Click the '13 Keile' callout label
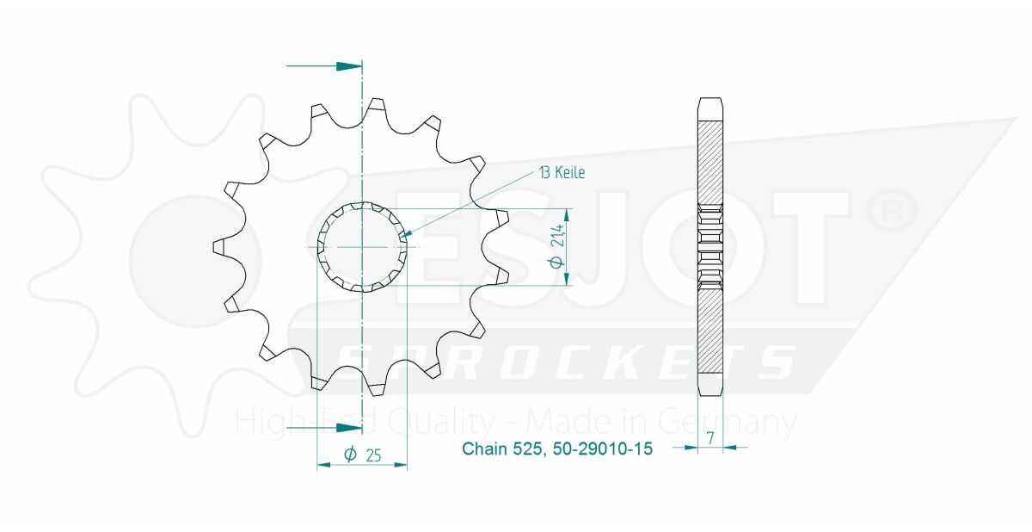click(562, 173)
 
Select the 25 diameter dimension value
click(373, 456)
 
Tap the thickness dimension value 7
click(710, 438)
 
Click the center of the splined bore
click(363, 247)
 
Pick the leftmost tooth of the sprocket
click(218, 247)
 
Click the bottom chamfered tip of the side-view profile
click(709, 384)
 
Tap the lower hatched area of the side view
click(709, 327)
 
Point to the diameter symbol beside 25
click(350, 455)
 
